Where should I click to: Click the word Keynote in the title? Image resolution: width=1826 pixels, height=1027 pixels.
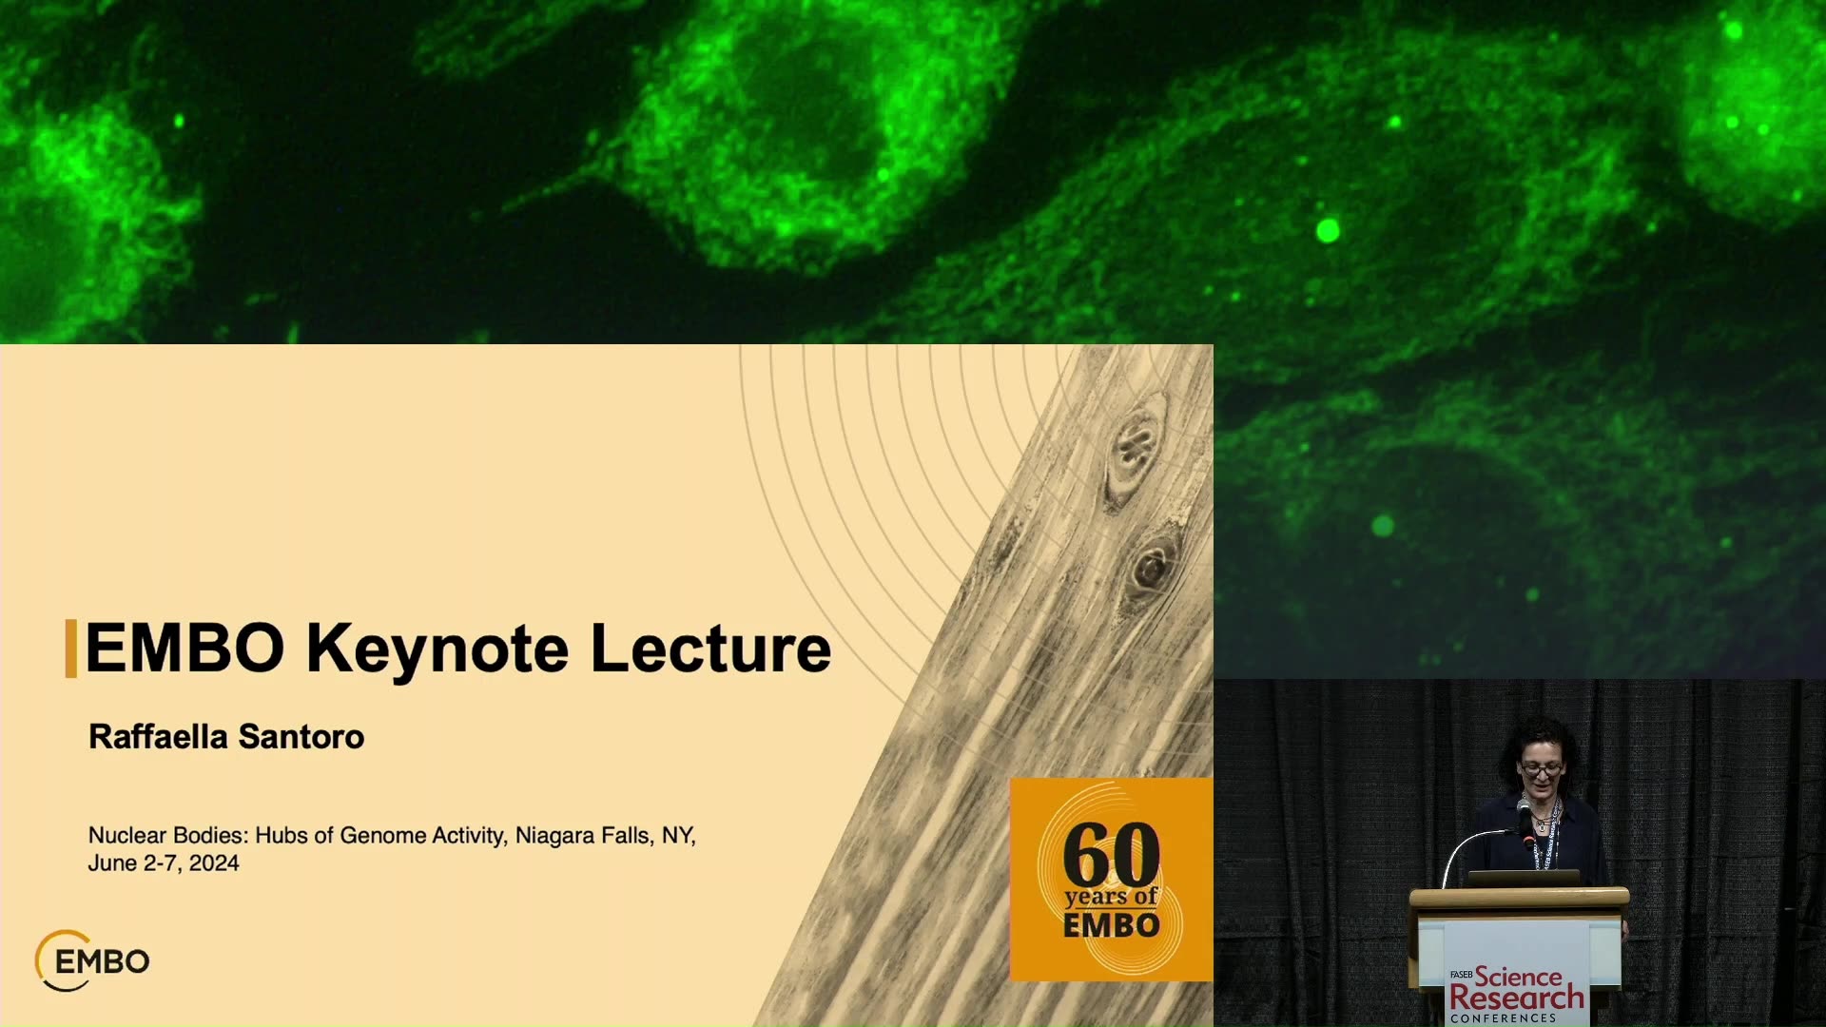point(437,650)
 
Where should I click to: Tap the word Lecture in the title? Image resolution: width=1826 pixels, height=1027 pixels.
point(710,649)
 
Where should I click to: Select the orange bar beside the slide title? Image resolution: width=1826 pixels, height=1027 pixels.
point(70,649)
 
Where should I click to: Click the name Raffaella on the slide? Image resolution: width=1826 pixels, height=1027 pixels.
point(158,737)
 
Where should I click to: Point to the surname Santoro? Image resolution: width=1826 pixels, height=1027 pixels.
point(301,737)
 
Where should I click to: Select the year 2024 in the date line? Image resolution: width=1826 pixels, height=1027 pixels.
point(214,863)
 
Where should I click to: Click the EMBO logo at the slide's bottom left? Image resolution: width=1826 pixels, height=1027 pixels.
point(92,960)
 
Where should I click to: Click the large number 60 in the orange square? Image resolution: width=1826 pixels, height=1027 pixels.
point(1111,855)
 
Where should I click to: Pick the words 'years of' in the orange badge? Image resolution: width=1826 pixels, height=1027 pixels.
point(1111,898)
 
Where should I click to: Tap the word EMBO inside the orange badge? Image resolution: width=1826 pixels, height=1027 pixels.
point(1111,925)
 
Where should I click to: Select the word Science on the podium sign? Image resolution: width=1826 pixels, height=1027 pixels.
point(1518,977)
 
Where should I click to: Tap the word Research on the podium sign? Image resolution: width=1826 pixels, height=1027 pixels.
point(1517,998)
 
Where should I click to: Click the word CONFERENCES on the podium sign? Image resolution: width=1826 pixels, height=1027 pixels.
point(1504,1018)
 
